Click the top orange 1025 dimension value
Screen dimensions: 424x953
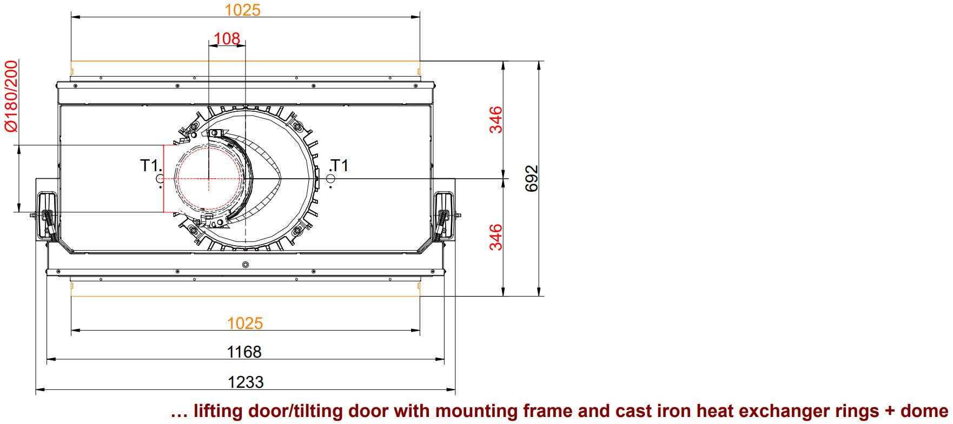pos(242,10)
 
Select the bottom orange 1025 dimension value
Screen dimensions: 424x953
pos(245,323)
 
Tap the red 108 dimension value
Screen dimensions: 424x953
pos(227,38)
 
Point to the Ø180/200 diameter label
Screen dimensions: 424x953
pos(11,96)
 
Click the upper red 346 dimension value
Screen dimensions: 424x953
pos(496,119)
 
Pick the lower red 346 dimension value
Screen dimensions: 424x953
pos(496,237)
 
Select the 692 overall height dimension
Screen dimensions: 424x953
pos(532,178)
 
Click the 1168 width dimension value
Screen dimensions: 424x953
pos(244,352)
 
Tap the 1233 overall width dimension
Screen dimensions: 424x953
pos(246,382)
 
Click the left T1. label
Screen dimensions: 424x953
pos(151,165)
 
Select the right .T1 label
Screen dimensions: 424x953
pos(339,165)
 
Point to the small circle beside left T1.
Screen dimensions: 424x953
pos(160,178)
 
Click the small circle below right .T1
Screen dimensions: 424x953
pos(330,178)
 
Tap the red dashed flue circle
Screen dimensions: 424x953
pos(208,178)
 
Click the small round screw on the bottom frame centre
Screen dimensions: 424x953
pos(246,264)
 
